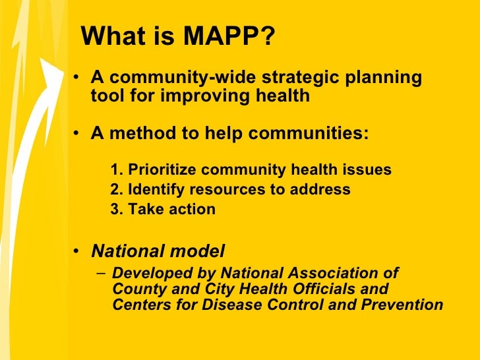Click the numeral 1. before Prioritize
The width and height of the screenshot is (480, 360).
point(117,170)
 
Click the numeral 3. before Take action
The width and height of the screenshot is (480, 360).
point(117,210)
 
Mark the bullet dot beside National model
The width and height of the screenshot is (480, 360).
point(78,252)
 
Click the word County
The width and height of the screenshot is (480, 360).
point(136,289)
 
